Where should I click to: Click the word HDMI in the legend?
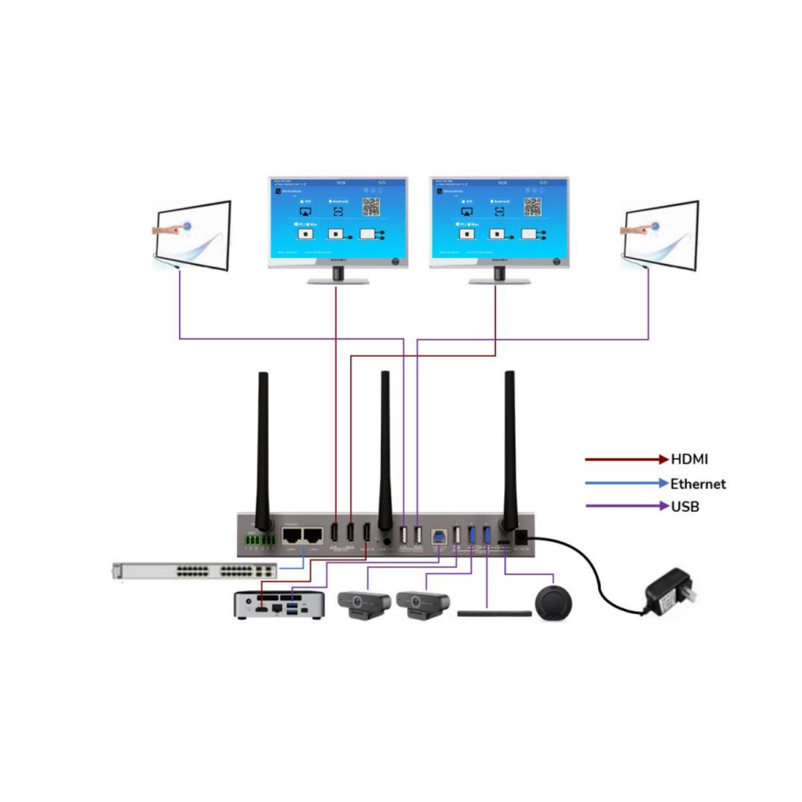[689, 459]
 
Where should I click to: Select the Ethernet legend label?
[698, 484]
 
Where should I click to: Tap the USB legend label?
[685, 507]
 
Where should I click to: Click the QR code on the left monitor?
[372, 207]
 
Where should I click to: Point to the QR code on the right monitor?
[533, 207]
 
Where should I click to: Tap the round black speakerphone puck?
[553, 603]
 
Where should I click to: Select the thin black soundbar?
[494, 613]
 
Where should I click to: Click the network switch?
[194, 571]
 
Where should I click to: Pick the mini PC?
[279, 605]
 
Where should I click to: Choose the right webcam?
[422, 604]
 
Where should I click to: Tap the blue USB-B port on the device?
[440, 536]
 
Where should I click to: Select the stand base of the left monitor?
[338, 281]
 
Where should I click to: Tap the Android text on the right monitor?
[501, 201]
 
